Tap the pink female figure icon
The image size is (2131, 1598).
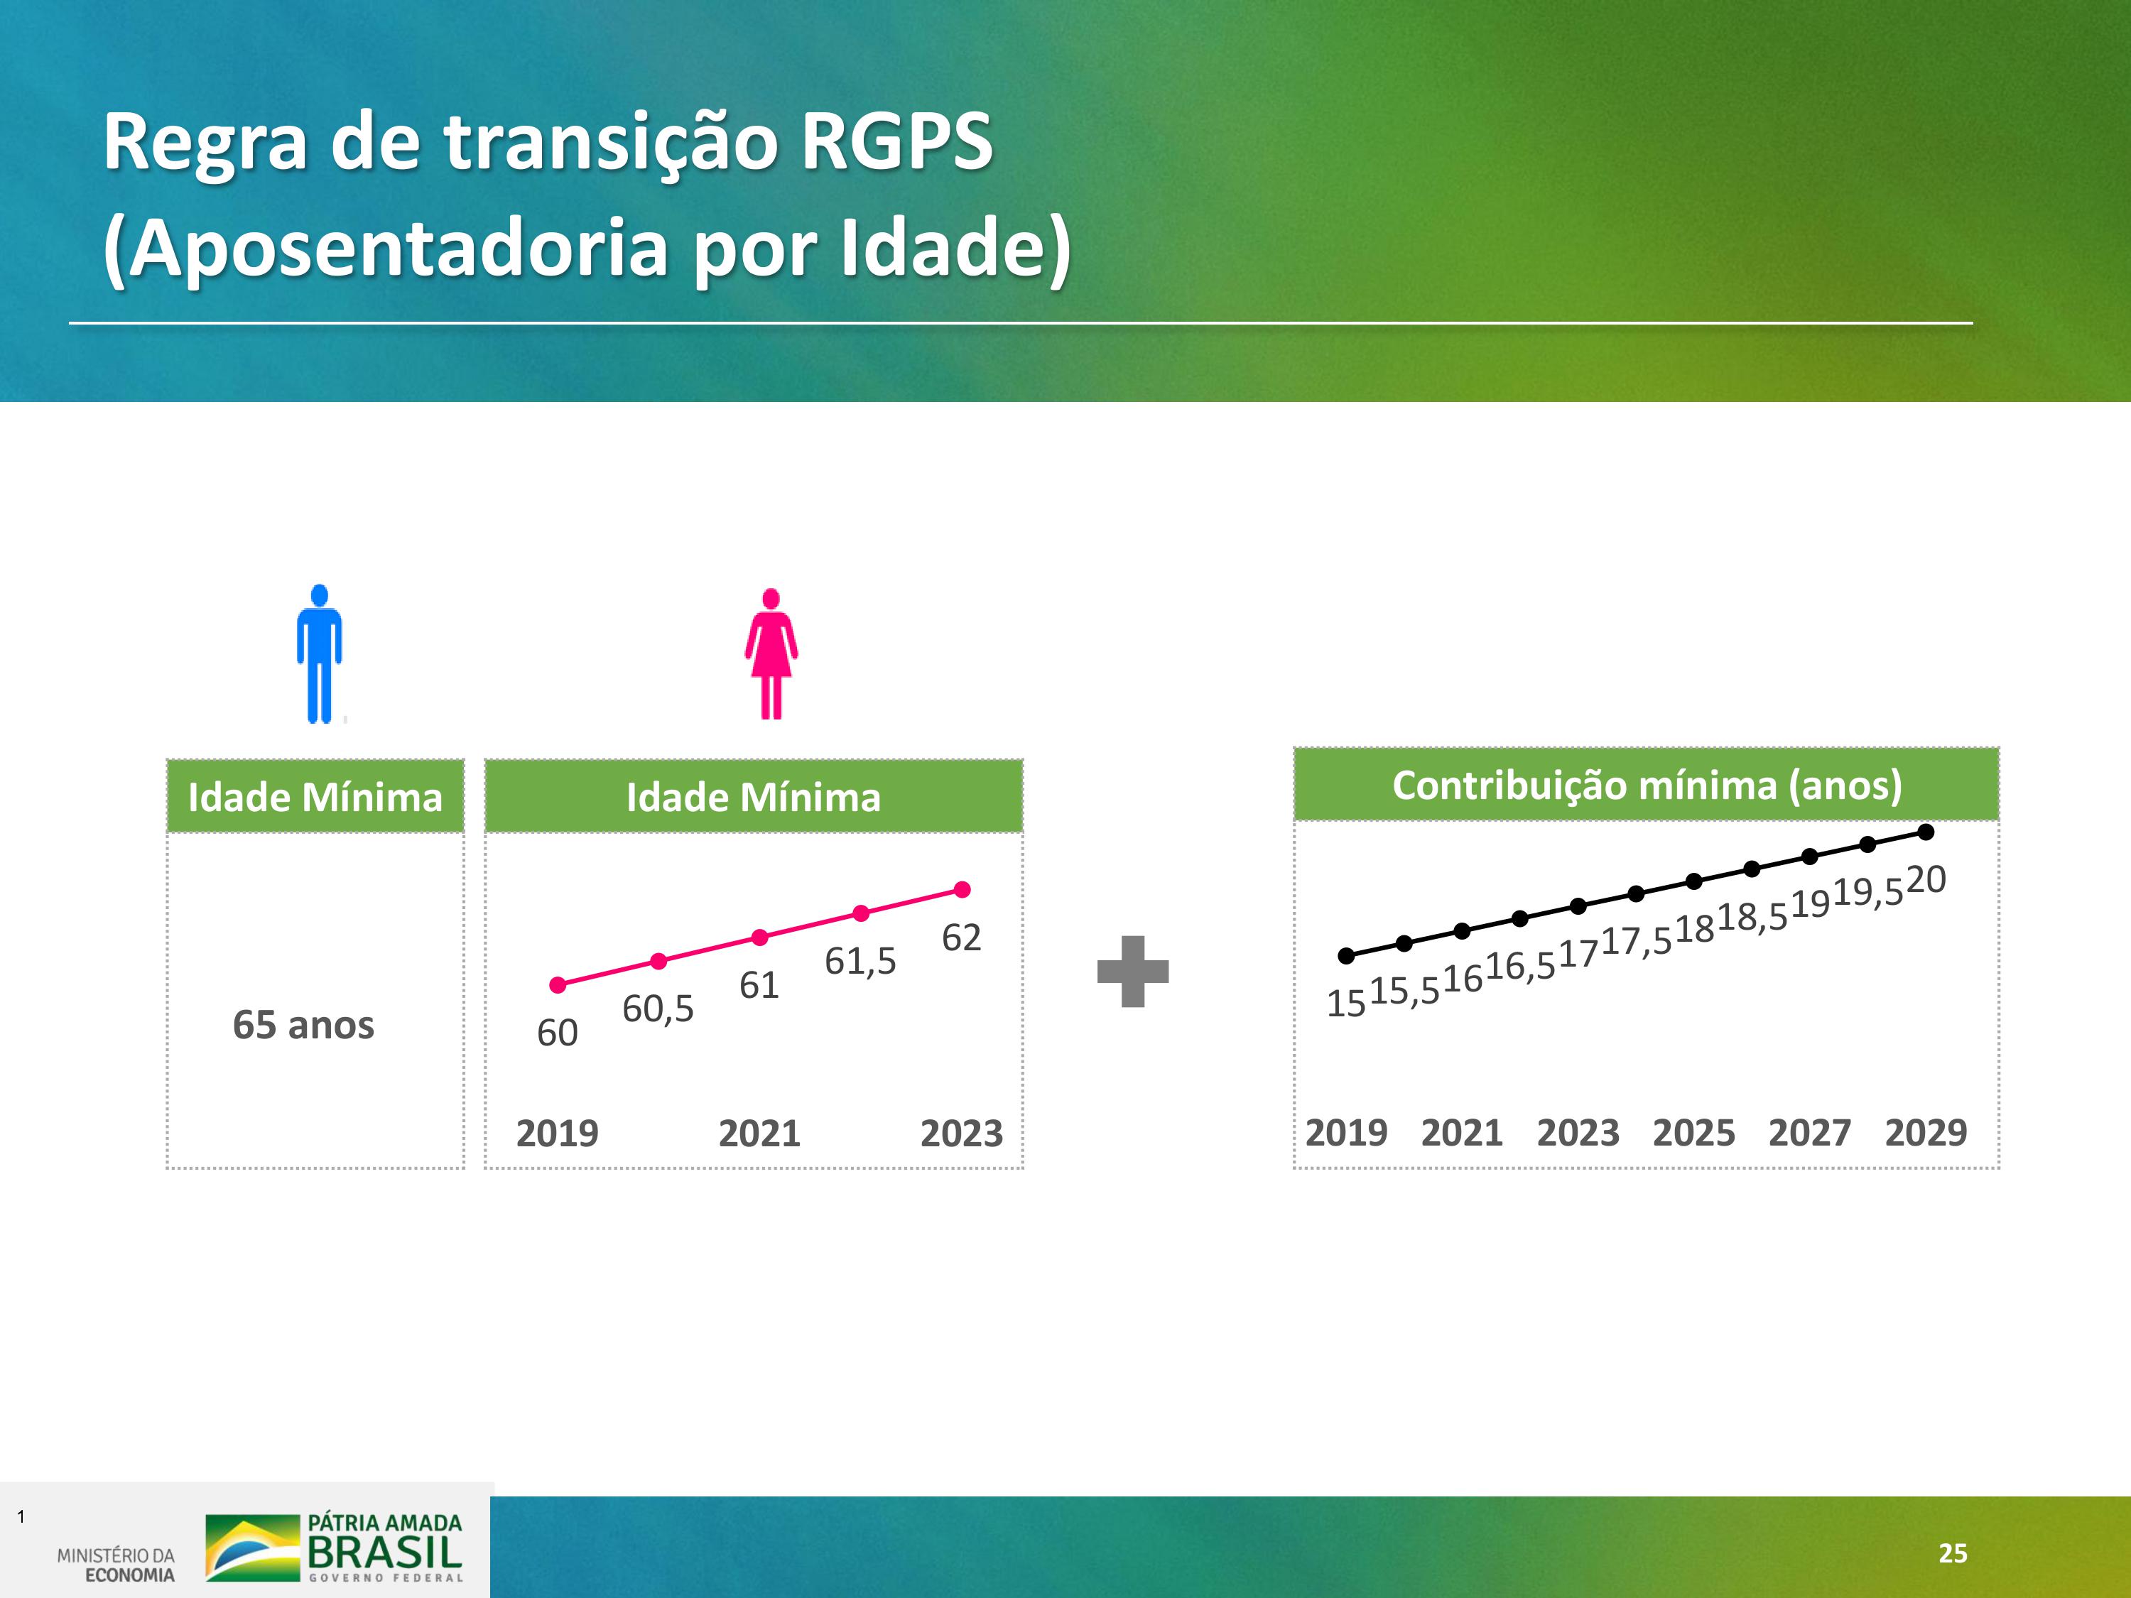771,653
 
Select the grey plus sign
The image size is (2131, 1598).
1133,971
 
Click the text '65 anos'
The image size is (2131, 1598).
303,1025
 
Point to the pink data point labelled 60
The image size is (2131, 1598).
558,984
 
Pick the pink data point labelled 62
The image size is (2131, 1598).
962,889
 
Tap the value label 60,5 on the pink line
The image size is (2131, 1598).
658,1009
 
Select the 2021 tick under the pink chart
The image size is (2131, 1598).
759,1134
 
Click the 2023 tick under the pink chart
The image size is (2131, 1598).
962,1134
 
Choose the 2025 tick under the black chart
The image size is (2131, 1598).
1693,1133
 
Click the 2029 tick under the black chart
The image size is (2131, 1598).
1926,1133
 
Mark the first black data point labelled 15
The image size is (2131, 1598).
1347,955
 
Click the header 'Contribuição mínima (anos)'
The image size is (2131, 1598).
1647,785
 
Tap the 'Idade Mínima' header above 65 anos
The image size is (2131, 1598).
315,798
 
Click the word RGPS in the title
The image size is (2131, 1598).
896,141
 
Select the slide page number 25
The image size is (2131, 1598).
1953,1553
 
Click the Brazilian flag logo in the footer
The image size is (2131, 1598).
252,1548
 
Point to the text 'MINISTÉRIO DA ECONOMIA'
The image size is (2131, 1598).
116,1565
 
